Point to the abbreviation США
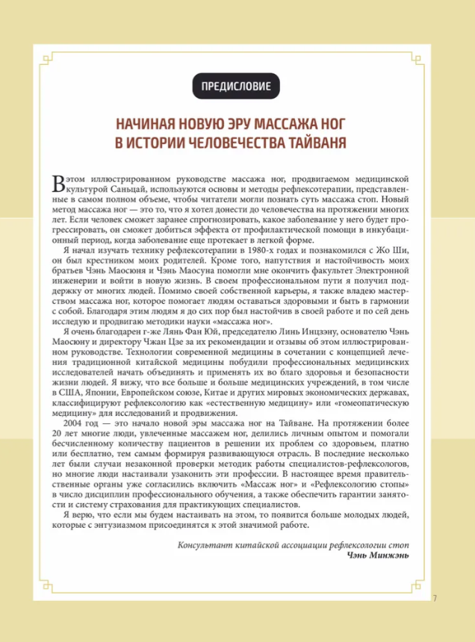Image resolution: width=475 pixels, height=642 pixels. point(79,392)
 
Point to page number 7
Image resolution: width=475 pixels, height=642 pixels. point(435,597)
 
